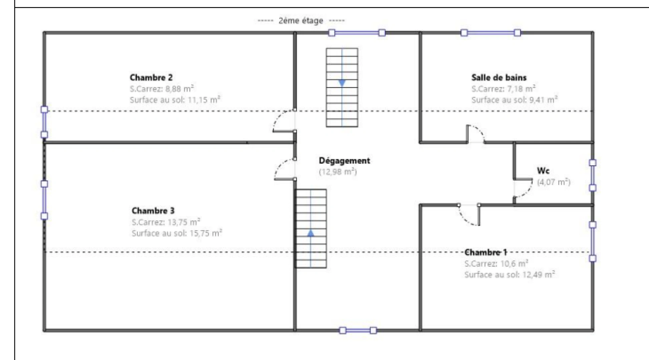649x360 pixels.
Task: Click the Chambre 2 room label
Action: point(151,78)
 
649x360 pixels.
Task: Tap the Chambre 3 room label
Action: point(153,211)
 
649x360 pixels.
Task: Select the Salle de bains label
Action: point(499,78)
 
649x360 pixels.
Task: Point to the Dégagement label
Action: point(345,161)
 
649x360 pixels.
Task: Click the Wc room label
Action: point(543,171)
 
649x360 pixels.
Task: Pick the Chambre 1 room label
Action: point(486,252)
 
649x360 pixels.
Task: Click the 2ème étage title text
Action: point(301,21)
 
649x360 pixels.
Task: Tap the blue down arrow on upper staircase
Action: point(342,83)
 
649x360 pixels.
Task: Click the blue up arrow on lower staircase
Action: point(310,233)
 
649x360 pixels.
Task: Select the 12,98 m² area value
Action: point(338,172)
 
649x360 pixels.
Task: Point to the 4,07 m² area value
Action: point(554,182)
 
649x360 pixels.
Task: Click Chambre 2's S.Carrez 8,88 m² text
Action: point(162,89)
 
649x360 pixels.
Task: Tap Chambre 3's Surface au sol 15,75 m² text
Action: point(177,233)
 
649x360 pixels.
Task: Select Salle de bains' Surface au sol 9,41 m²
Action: point(515,100)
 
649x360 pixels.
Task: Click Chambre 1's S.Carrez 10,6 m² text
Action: point(496,264)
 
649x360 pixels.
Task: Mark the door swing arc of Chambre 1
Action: point(464,218)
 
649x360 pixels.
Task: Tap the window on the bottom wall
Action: point(358,331)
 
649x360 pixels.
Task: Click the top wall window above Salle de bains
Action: point(491,33)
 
